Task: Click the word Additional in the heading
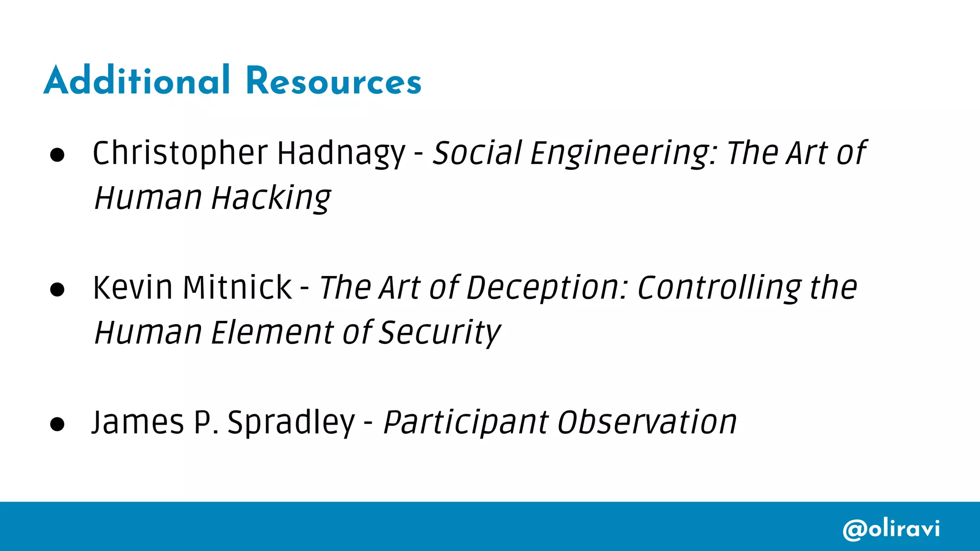[x=137, y=80]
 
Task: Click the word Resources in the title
[x=334, y=81]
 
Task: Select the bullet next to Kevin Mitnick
[x=57, y=289]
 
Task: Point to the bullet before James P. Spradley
[x=57, y=424]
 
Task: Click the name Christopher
[x=180, y=154]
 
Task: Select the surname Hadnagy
[x=341, y=154]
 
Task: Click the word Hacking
[x=271, y=198]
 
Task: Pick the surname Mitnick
[x=237, y=288]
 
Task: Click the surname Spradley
[x=291, y=423]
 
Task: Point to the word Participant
[x=466, y=423]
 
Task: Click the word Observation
[x=647, y=423]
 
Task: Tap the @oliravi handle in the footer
[x=891, y=529]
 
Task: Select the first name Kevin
[x=133, y=288]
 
